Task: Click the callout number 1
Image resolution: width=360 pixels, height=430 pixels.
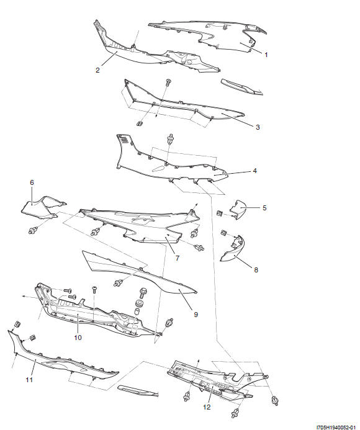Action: (x=266, y=55)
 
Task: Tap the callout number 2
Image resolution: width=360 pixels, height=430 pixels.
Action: (x=97, y=70)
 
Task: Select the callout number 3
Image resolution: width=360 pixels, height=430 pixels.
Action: (x=258, y=127)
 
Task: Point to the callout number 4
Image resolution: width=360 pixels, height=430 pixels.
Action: (x=255, y=171)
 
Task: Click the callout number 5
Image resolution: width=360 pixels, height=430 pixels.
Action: (x=264, y=208)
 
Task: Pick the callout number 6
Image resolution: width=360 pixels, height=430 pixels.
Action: (x=32, y=182)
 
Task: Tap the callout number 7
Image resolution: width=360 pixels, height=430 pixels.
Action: (x=178, y=258)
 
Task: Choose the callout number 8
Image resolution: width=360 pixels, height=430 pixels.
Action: (x=256, y=270)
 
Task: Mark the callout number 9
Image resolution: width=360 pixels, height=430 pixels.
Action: (x=196, y=315)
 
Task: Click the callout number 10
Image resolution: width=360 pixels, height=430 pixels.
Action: (x=78, y=338)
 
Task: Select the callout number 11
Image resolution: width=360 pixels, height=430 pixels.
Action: (x=29, y=380)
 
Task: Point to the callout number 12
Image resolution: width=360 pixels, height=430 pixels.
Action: (x=207, y=407)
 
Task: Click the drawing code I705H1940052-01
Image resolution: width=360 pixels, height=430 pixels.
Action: (x=337, y=428)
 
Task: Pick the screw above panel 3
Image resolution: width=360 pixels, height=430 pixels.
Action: (x=168, y=82)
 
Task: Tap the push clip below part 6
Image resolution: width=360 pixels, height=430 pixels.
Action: (x=33, y=231)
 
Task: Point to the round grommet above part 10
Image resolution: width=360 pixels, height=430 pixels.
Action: (x=140, y=303)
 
